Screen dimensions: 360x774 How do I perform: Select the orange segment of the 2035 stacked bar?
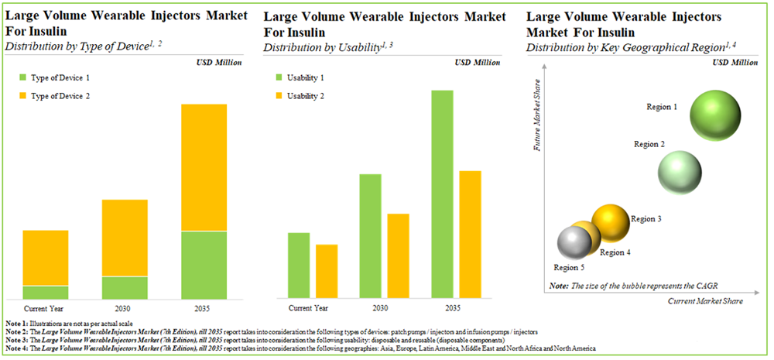click(x=204, y=167)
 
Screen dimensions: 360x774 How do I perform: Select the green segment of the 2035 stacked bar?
click(x=204, y=265)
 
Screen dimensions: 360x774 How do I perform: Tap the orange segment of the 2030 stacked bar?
click(x=125, y=238)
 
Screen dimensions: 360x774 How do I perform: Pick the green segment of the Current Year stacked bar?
click(x=46, y=292)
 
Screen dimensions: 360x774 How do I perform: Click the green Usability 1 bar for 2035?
click(x=443, y=194)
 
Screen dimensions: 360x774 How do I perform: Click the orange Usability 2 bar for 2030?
click(x=377, y=256)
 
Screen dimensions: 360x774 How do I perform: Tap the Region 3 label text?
click(x=646, y=219)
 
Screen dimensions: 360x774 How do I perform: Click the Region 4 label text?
click(x=615, y=252)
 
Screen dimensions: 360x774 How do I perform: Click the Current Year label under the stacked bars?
click(x=46, y=307)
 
